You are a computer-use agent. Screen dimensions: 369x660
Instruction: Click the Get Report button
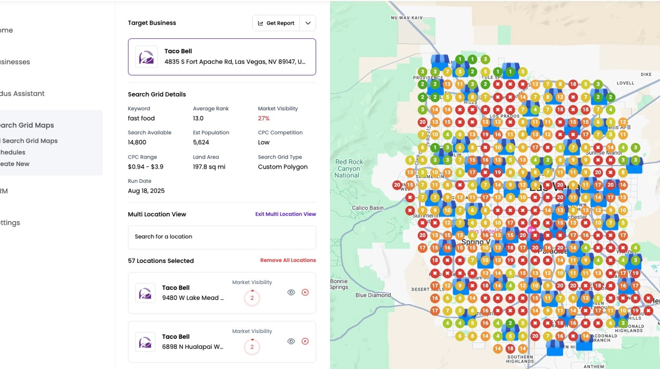[276, 23]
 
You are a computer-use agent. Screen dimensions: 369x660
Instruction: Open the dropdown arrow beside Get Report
[308, 23]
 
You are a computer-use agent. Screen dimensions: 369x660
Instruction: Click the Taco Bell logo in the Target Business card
[146, 57]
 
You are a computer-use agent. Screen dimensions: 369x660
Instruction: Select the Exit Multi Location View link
[285, 214]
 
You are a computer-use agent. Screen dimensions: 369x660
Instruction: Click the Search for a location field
[222, 237]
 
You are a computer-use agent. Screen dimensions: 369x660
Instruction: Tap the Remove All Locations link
[288, 260]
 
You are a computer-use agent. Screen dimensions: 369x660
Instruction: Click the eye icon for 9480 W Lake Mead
[291, 292]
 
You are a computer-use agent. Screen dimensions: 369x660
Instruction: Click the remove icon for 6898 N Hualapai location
[305, 341]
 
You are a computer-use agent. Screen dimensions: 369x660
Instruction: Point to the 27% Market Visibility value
[263, 118]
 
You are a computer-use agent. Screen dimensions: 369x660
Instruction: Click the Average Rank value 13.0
[198, 118]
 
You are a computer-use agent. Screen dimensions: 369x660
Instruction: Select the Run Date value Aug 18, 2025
[146, 191]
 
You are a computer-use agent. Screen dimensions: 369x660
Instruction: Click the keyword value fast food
[141, 118]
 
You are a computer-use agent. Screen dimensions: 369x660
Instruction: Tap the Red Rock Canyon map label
[349, 169]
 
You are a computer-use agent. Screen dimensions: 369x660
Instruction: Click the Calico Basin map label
[368, 208]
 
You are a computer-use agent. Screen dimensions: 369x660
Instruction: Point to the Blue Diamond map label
[373, 295]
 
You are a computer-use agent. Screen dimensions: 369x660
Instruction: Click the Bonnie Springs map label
[339, 284]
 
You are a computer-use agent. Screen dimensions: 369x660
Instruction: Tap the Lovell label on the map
[625, 83]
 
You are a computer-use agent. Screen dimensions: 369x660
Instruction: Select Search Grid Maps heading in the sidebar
[27, 125]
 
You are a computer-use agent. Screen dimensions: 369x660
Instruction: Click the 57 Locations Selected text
[161, 261]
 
